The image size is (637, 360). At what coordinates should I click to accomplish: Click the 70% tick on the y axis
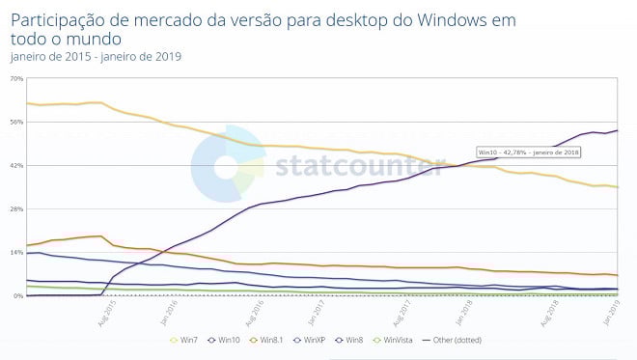tap(16, 78)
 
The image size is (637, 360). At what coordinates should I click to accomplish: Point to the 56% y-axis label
tap(16, 122)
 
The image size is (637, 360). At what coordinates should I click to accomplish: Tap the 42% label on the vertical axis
tap(16, 165)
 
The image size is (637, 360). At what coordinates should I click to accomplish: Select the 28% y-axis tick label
tap(16, 208)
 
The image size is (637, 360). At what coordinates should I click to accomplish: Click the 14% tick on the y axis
tap(16, 252)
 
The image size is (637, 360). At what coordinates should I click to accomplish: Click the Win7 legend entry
tap(187, 340)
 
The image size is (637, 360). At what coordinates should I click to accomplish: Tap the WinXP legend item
tap(310, 340)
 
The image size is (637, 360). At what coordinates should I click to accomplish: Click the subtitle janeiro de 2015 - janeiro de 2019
tap(96, 55)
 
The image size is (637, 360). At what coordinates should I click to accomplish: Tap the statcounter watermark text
tap(346, 165)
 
